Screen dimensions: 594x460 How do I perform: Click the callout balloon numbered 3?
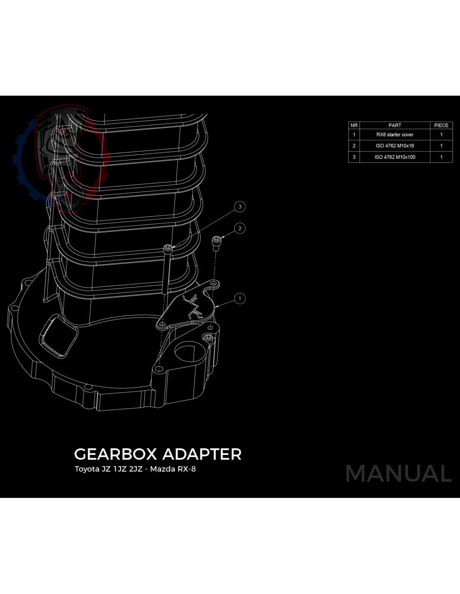[x=240, y=206]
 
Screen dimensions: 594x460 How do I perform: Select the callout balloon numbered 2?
[x=240, y=228]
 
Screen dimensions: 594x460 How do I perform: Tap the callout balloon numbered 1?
[x=240, y=298]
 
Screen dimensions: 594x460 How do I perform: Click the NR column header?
[x=354, y=125]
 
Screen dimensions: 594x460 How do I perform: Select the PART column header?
[x=395, y=125]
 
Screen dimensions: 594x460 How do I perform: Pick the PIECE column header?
[x=441, y=125]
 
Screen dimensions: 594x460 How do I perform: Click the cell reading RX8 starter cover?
[x=395, y=135]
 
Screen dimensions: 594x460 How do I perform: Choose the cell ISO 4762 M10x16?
[x=395, y=146]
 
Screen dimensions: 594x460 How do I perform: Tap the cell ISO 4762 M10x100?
[x=395, y=157]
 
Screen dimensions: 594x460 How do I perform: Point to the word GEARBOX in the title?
[x=115, y=454]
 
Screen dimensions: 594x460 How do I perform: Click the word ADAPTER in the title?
[x=202, y=454]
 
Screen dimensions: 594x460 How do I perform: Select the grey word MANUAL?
[x=398, y=474]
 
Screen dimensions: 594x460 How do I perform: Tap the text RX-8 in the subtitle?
[x=187, y=469]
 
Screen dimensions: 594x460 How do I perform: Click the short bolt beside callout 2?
[x=216, y=243]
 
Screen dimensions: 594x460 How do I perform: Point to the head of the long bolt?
[x=168, y=248]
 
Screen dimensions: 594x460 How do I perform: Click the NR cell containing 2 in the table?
[x=354, y=146]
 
